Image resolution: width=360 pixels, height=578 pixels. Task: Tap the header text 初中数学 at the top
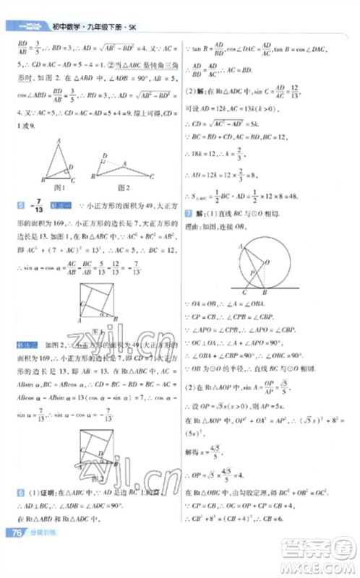(66, 28)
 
